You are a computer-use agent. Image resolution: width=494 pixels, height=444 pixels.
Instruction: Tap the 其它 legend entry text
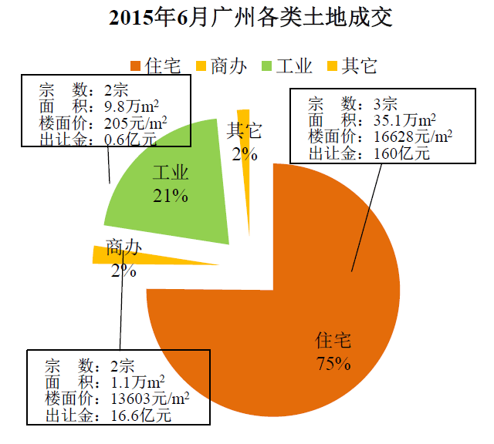click(x=360, y=66)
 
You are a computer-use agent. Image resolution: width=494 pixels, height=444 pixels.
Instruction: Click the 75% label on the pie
click(x=333, y=363)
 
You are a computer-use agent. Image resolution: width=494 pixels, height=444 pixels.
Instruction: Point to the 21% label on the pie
click(x=171, y=196)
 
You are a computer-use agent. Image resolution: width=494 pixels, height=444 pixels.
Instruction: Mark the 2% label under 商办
click(x=123, y=271)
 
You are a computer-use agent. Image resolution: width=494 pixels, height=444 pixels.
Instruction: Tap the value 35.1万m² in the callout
click(x=398, y=119)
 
